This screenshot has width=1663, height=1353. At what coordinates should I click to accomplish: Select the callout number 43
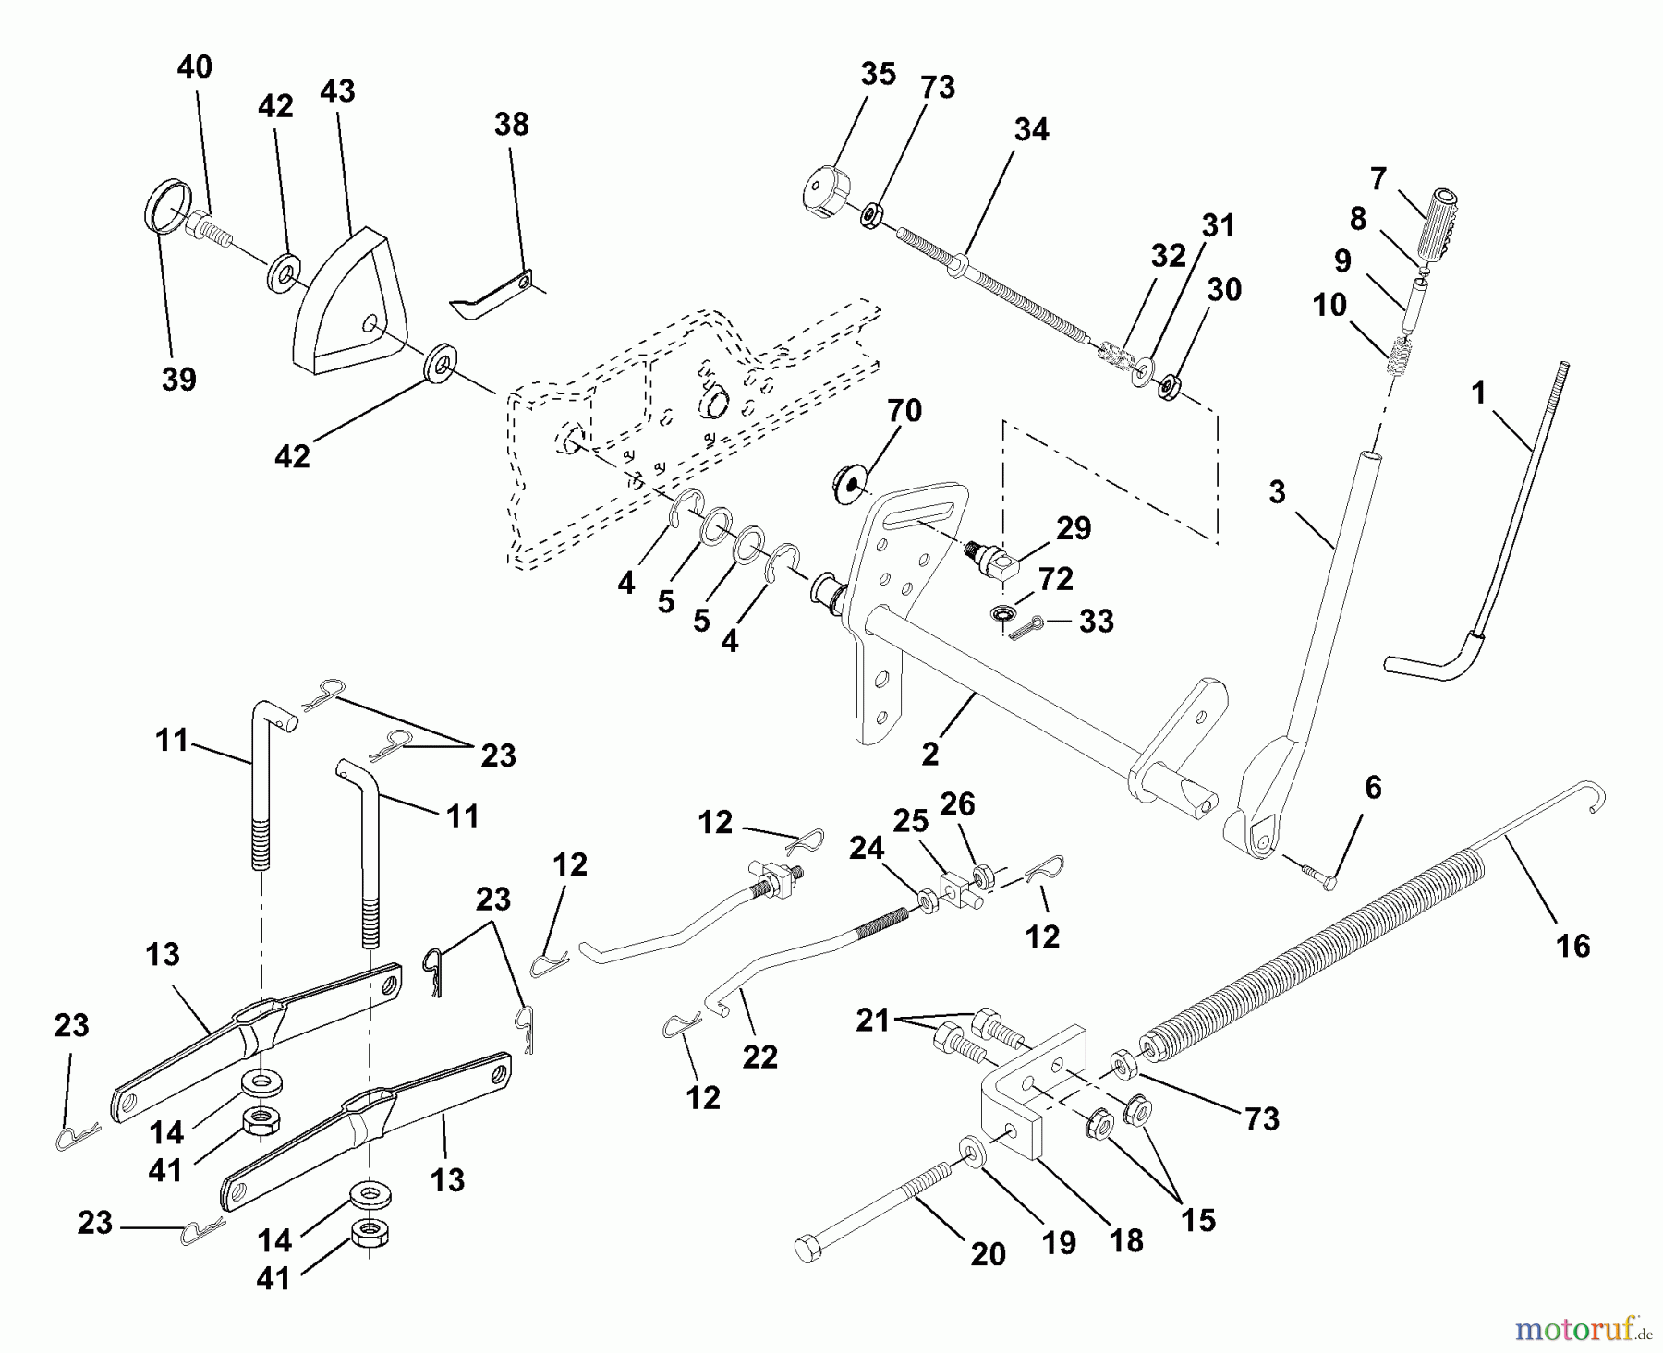337,91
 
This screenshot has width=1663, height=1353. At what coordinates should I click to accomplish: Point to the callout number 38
511,125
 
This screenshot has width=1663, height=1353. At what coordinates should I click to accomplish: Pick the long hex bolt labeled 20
887,1210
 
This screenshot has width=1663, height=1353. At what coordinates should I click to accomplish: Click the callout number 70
904,411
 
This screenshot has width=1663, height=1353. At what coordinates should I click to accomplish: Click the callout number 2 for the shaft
929,753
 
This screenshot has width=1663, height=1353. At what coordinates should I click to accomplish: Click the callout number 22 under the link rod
759,1057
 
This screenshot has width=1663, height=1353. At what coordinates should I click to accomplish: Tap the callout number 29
1073,528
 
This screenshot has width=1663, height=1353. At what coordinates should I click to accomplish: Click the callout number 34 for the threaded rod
1030,130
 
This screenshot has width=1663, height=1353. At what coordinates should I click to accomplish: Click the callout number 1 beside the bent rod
1478,393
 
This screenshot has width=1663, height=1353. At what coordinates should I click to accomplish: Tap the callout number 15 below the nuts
1197,1220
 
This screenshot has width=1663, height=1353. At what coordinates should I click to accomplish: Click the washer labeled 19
971,1151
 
